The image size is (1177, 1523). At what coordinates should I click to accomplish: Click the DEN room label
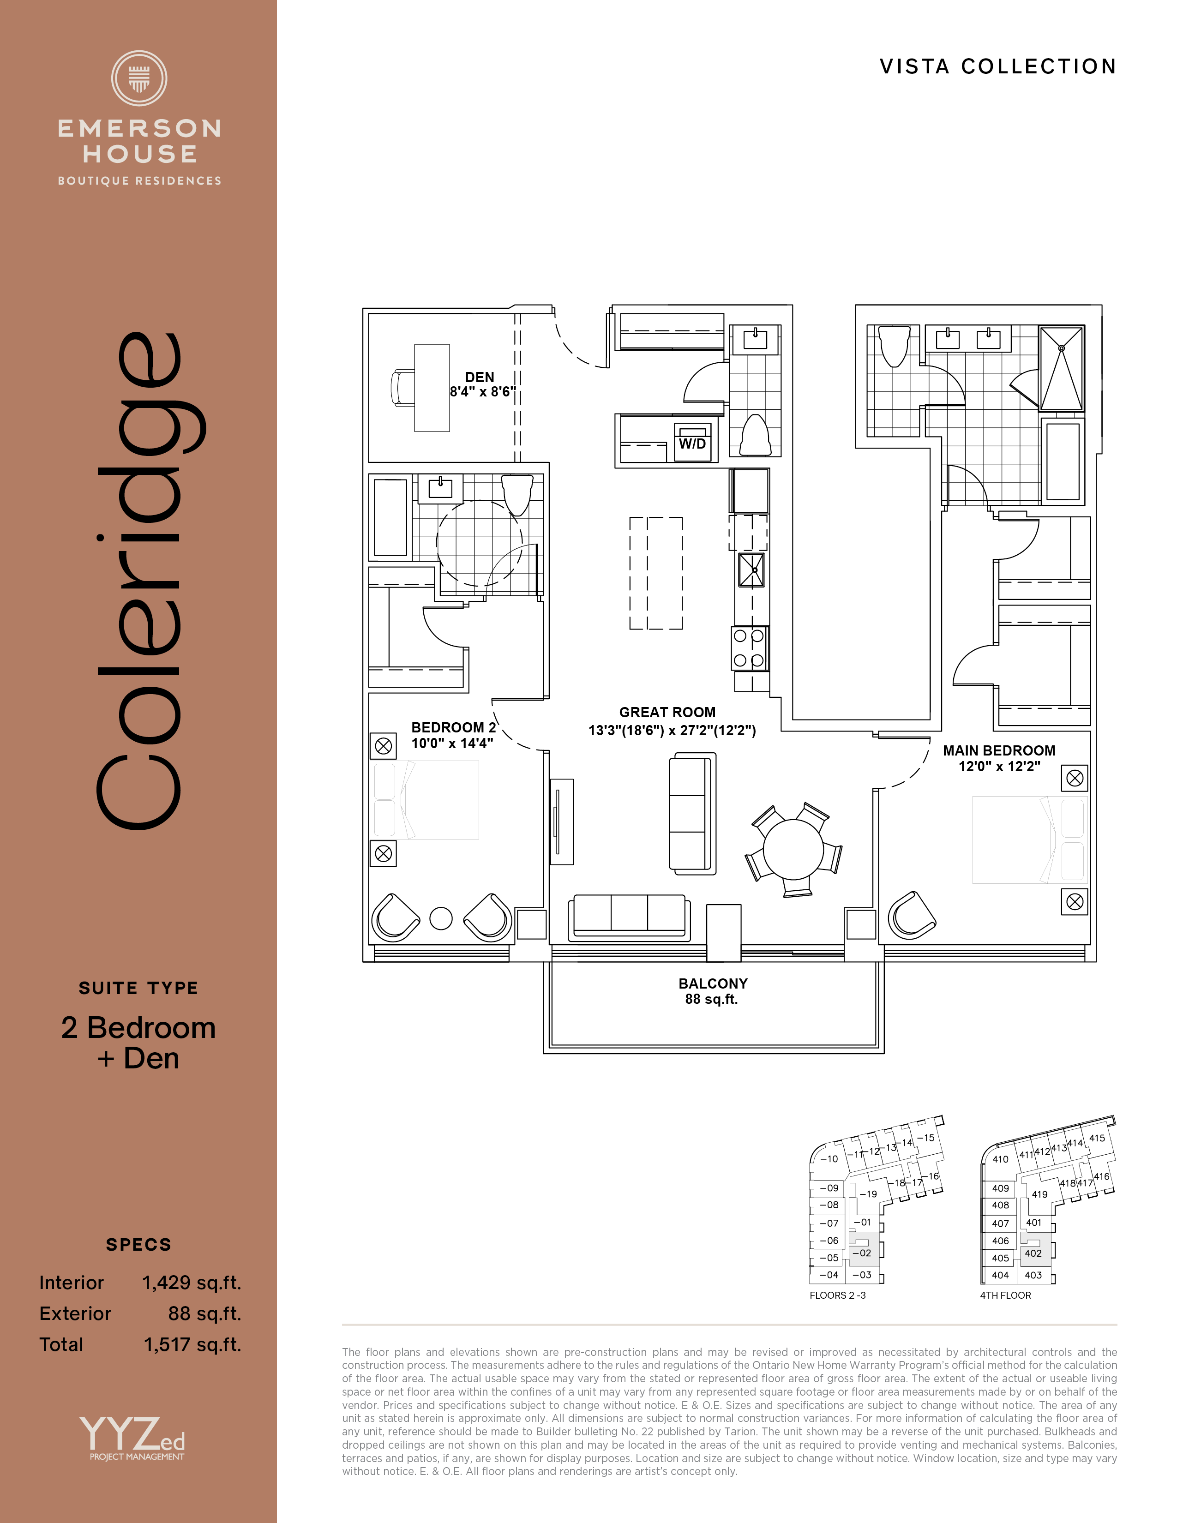(x=480, y=377)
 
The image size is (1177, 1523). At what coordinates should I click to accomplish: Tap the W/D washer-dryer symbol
(x=692, y=442)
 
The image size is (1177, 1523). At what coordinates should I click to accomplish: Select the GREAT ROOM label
(x=667, y=712)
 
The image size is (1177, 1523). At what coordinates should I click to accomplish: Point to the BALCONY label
(x=713, y=983)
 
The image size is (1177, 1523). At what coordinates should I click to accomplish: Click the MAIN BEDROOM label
(x=999, y=750)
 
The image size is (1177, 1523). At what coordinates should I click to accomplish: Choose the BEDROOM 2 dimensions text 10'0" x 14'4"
(x=452, y=744)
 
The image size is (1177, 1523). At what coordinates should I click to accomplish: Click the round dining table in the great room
(x=793, y=849)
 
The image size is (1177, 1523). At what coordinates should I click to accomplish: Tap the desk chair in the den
(x=402, y=388)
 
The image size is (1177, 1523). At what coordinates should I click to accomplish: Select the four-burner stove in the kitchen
(x=750, y=648)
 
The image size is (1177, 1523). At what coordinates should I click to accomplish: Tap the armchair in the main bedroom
(x=911, y=913)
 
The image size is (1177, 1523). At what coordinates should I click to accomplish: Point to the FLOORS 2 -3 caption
(x=837, y=1295)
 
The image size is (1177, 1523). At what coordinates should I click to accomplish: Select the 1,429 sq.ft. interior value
(x=192, y=1283)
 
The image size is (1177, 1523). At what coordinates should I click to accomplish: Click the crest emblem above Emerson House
(x=139, y=78)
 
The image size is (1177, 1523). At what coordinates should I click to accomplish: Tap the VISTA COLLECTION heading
(x=998, y=66)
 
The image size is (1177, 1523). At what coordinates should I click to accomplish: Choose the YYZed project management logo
(x=132, y=1438)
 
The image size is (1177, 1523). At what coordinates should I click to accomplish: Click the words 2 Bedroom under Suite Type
(x=139, y=1028)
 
